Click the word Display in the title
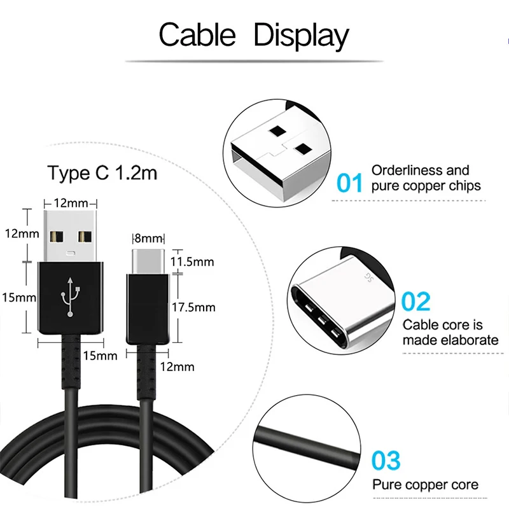(x=301, y=36)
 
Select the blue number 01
(x=349, y=183)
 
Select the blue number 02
(x=416, y=302)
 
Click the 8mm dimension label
(x=148, y=239)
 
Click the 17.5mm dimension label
(x=194, y=307)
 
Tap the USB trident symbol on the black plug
(x=70, y=298)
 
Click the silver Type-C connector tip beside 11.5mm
(x=148, y=261)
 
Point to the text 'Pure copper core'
(x=425, y=485)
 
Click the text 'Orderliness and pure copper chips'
(x=426, y=178)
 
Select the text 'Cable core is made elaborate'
(x=450, y=333)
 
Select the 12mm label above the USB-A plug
(x=70, y=202)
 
